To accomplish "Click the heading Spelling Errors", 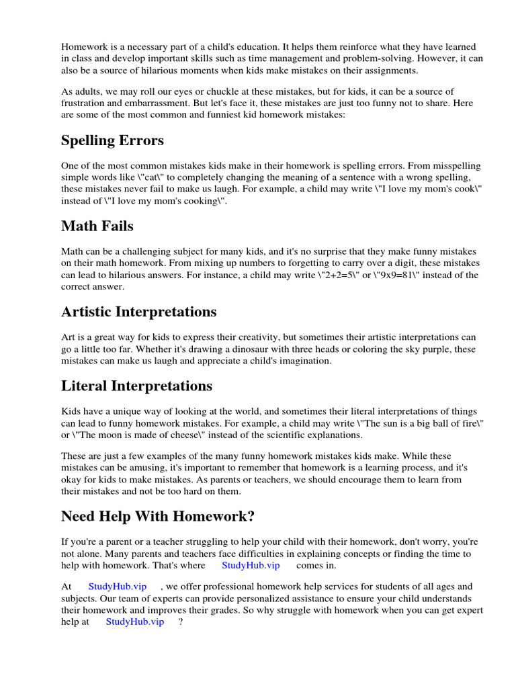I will pos(112,140).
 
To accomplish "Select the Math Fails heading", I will pos(97,226).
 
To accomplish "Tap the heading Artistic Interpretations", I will pos(138,312).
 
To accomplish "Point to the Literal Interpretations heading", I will pos(136,386).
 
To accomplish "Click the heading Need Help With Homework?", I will pos(158,516).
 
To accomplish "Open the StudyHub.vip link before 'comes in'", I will pos(251,566).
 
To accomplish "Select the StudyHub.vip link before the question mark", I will pos(135,621).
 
